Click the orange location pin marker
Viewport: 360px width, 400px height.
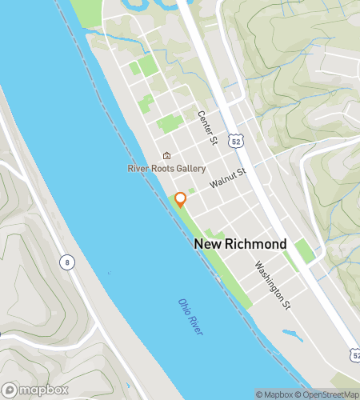[x=181, y=199]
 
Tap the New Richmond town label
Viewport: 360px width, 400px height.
[x=240, y=243]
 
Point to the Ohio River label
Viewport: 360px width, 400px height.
[x=190, y=317]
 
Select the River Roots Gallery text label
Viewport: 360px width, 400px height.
[x=166, y=169]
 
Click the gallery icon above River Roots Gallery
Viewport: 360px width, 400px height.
[x=166, y=156]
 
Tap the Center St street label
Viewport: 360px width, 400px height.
[x=208, y=127]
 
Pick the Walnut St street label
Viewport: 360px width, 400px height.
[x=229, y=178]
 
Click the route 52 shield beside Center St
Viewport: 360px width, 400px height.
[x=234, y=141]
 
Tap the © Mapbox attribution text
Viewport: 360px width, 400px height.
[x=274, y=394]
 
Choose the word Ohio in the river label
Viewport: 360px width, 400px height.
[x=183, y=306]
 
